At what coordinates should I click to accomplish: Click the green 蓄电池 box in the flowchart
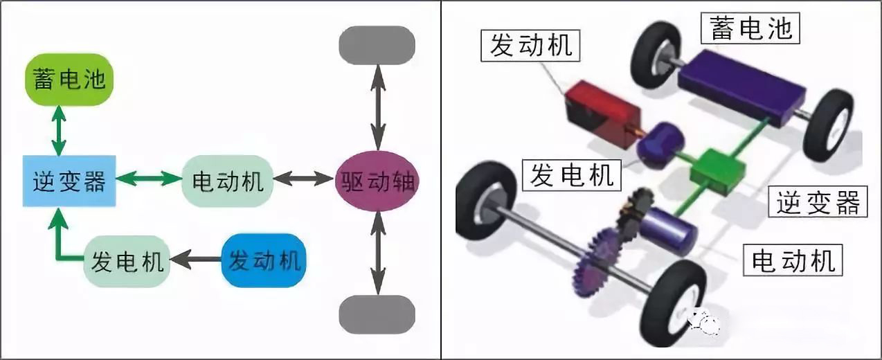(x=69, y=79)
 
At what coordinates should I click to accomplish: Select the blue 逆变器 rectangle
(x=69, y=181)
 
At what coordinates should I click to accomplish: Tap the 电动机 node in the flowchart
(x=228, y=181)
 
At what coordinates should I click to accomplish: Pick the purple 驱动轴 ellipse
(x=377, y=181)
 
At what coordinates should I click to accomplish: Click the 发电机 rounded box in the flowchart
(x=127, y=261)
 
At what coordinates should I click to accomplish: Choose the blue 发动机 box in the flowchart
(x=264, y=260)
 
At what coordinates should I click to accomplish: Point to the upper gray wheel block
(x=377, y=45)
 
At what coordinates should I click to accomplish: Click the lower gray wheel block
(x=377, y=315)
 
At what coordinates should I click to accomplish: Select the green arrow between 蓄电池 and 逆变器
(x=59, y=131)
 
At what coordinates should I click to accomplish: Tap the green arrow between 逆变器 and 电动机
(x=149, y=179)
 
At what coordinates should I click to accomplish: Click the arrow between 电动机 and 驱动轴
(x=304, y=179)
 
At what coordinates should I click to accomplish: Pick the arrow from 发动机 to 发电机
(x=196, y=259)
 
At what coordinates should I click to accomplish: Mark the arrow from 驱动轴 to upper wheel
(x=378, y=107)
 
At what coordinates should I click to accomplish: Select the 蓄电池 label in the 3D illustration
(x=750, y=28)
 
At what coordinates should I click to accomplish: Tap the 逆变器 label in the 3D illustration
(x=818, y=201)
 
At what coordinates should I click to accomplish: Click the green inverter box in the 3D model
(x=718, y=172)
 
